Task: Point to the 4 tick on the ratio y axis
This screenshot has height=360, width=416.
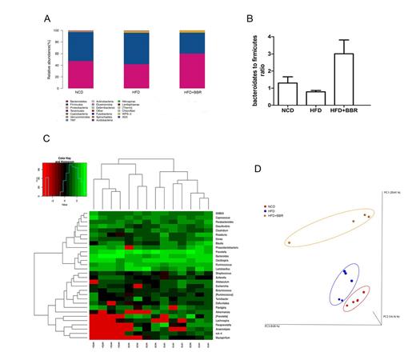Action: coord(274,36)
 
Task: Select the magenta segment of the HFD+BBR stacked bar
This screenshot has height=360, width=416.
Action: coord(196,70)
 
